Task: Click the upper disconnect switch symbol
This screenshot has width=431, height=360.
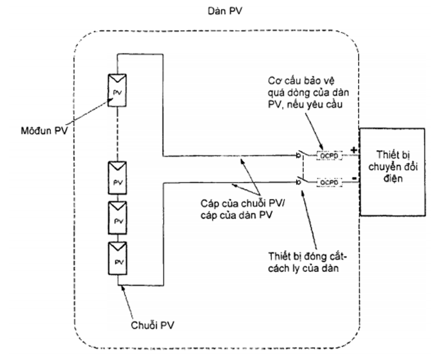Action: pyautogui.click(x=300, y=156)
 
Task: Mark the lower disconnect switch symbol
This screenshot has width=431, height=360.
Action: pyautogui.click(x=300, y=181)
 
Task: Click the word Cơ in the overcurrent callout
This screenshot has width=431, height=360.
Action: pyautogui.click(x=275, y=80)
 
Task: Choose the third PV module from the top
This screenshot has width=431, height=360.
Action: pyautogui.click(x=117, y=216)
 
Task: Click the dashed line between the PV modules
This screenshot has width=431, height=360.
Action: pyautogui.click(x=117, y=130)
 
